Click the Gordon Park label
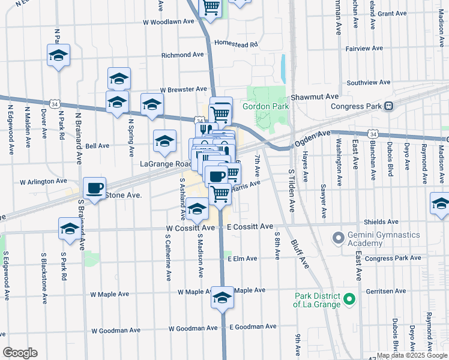coord(265,107)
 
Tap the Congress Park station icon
coord(388,106)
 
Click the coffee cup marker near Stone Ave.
coord(94,188)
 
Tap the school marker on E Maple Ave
coord(222,298)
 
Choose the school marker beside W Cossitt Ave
coord(197,210)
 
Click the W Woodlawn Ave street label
coord(169,21)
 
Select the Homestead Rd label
coord(236,44)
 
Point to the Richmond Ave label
coord(183,55)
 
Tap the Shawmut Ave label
coord(315,96)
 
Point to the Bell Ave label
coord(97,146)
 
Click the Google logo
coord(20,352)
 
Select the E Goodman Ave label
coord(252,326)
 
